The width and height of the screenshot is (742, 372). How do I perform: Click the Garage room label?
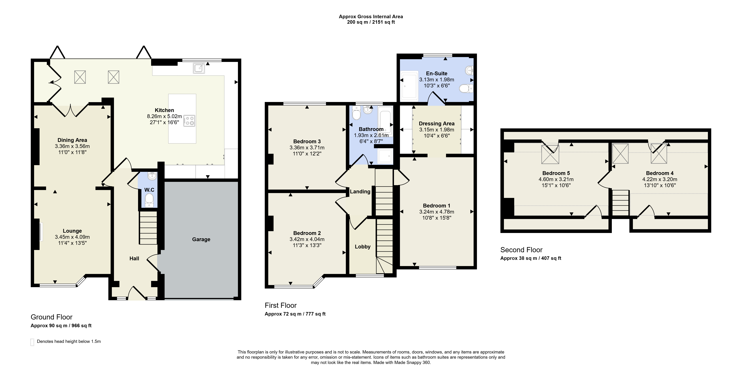click(201, 239)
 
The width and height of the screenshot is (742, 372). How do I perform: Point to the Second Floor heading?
click(521, 250)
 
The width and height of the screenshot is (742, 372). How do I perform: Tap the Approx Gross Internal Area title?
click(371, 16)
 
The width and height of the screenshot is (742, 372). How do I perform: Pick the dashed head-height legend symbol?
click(32, 342)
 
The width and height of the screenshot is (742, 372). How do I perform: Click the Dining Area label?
click(72, 140)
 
